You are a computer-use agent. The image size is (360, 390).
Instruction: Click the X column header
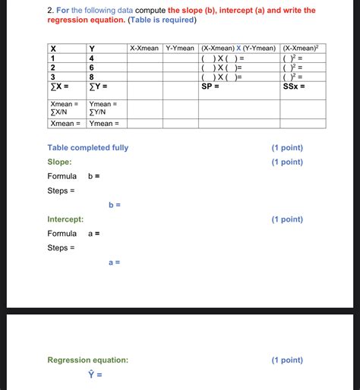[53, 49]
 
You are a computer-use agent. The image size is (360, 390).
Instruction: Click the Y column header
[92, 49]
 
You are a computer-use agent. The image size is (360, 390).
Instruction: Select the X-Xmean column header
[144, 48]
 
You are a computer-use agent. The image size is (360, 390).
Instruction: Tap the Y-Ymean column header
[180, 48]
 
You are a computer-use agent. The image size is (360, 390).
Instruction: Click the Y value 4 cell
[91, 58]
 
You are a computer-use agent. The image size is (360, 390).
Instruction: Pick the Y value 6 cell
[91, 67]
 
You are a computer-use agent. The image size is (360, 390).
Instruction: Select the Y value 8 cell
[91, 77]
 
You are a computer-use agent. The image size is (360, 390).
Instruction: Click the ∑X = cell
[61, 86]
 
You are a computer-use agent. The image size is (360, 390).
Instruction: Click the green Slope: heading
[60, 162]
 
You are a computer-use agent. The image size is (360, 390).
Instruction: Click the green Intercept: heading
[65, 219]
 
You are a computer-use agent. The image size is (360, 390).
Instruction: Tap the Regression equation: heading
[88, 360]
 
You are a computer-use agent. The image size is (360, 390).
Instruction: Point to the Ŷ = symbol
[95, 375]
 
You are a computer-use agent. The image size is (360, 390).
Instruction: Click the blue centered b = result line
[115, 205]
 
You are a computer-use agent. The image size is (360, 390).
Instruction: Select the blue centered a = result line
[115, 263]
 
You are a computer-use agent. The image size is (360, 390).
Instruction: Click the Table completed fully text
[88, 147]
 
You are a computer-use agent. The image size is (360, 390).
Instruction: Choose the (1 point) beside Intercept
[287, 219]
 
